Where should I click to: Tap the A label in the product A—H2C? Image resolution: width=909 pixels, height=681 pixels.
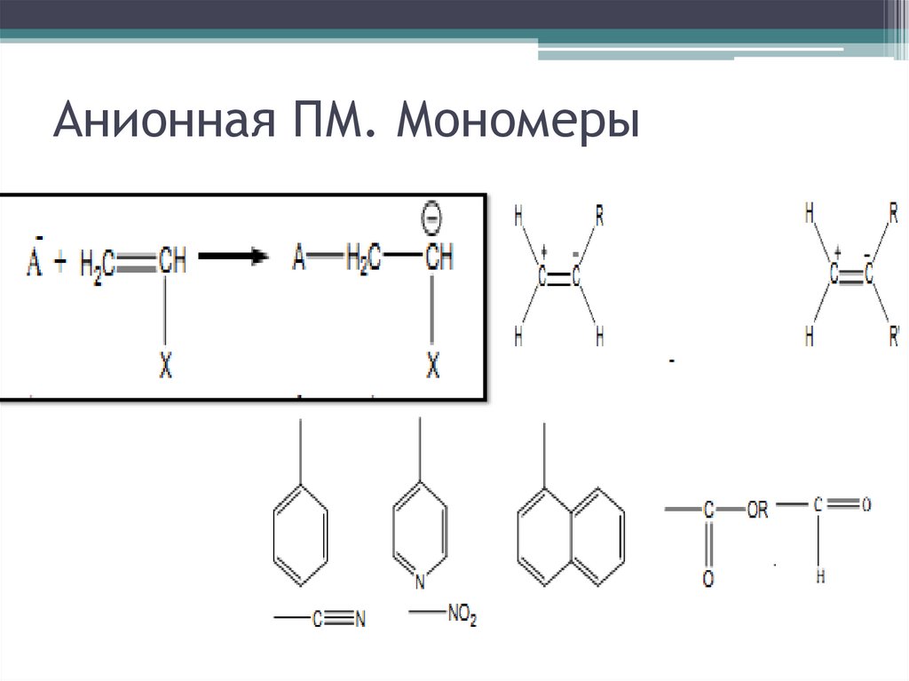coord(298,258)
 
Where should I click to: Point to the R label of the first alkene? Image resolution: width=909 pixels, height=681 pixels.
coord(600,213)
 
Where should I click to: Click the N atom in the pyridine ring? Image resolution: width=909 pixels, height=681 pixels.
coord(419,583)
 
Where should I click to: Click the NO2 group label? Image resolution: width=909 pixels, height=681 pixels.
coord(462,615)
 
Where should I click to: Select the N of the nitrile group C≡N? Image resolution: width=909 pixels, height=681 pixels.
coord(360,621)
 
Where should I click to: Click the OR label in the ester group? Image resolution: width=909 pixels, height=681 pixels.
coord(758,511)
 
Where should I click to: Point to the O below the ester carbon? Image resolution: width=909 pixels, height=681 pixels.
coord(707,579)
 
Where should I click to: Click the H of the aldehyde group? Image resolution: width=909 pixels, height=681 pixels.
coord(820,576)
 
